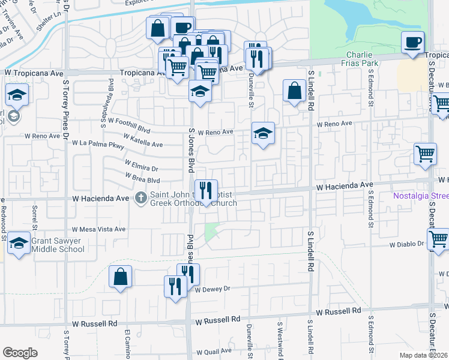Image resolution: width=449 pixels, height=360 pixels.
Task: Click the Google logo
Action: [20, 352]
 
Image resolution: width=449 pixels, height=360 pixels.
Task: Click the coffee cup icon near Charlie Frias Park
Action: [413, 43]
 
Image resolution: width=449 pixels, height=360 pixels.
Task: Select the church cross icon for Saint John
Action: [141, 197]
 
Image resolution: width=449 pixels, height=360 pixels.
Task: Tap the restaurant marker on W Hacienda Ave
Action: [206, 191]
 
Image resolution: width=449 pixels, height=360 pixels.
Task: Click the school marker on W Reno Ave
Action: [263, 134]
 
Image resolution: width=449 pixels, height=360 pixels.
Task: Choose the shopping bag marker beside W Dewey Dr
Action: [120, 277]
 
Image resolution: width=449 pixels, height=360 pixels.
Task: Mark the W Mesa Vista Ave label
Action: [98, 229]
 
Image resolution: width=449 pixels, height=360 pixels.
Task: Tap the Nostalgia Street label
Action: [421, 196]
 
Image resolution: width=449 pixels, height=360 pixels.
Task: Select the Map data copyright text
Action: [423, 355]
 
